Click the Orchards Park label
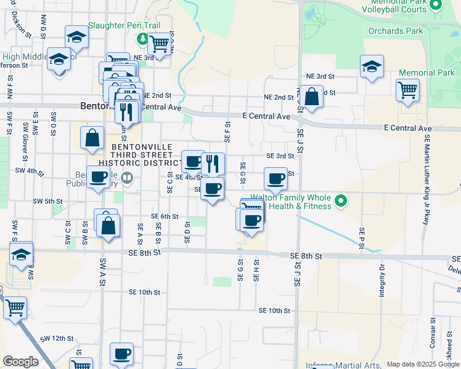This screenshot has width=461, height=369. pos(396,31)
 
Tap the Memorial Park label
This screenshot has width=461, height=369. pos(426,73)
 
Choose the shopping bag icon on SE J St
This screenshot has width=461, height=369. pos(312,96)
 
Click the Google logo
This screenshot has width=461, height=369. pos(20,362)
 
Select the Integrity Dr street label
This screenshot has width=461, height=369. pos(382,277)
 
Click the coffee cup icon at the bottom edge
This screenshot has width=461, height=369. pos(121,354)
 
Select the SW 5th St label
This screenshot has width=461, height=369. pos(48,201)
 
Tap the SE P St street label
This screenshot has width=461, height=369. pos(362,236)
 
